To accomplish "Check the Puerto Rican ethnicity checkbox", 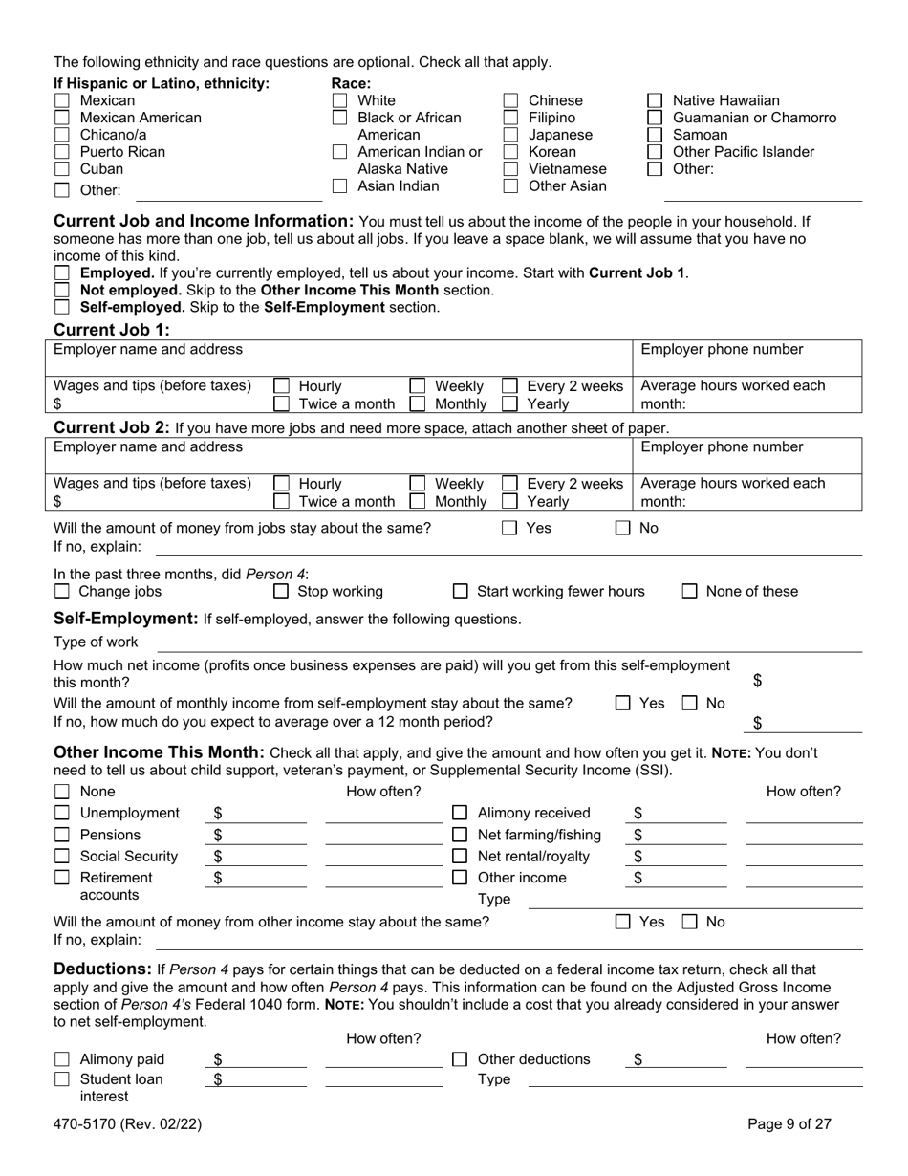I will (62, 152).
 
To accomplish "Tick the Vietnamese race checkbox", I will (511, 169).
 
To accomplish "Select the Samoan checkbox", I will (655, 135).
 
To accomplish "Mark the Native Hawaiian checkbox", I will (655, 100).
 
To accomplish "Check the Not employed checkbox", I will (62, 290).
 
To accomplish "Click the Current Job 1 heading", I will (111, 330).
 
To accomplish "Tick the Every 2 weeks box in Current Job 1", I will (510, 386).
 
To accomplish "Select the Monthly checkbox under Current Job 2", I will (418, 501).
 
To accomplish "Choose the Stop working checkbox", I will (281, 592).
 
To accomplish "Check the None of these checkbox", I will (689, 592).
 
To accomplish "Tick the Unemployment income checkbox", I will (62, 814).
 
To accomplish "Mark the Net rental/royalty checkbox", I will (460, 857).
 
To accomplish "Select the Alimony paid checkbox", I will (62, 1059).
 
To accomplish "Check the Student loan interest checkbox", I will (62, 1079).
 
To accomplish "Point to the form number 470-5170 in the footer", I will (127, 1124).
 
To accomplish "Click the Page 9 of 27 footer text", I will (789, 1124).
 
